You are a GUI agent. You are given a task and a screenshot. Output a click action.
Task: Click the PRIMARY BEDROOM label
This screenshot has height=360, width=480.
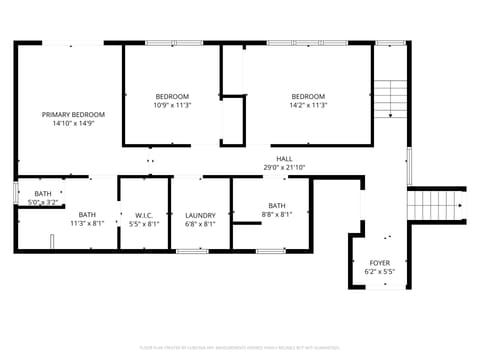73,115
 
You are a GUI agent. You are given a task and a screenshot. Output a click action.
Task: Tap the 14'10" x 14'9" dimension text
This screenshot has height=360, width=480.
73,124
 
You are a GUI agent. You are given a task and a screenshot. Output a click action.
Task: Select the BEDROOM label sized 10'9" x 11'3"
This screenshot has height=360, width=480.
172,96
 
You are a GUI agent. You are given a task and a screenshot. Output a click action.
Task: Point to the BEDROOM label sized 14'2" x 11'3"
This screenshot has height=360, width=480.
308,96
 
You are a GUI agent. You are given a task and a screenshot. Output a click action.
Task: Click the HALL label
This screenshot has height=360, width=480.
285,158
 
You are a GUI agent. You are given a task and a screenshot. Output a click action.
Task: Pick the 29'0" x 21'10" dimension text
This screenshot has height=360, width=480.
285,167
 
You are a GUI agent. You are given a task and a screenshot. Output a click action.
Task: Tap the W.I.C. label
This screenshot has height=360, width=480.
145,215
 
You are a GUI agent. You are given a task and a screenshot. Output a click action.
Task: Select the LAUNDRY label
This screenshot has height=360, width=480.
200,215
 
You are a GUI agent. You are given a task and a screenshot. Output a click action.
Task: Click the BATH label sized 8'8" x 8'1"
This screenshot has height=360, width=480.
277,205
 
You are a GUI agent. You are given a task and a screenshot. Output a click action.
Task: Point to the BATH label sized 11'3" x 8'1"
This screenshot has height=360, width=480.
88,214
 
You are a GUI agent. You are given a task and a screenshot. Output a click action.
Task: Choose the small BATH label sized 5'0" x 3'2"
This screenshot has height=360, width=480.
43,193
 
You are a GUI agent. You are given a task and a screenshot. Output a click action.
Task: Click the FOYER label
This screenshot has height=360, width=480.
380,262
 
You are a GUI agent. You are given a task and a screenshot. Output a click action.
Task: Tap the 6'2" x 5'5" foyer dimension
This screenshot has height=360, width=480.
380,271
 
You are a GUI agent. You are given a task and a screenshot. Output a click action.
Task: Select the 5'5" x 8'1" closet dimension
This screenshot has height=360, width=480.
145,224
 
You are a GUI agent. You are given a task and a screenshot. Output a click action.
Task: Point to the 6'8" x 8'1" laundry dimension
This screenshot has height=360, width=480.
200,224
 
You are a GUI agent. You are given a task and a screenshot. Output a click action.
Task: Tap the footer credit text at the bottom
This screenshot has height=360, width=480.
240,349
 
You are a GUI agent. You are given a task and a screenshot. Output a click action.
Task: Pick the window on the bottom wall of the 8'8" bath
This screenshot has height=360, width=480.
270,250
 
